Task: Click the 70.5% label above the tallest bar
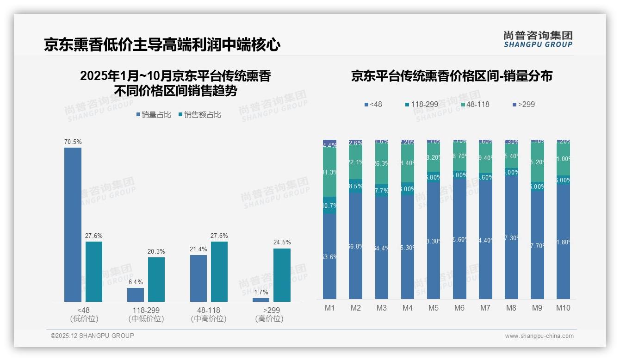click(x=73, y=142)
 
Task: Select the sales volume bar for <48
click(x=73, y=224)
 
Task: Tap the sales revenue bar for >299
click(x=282, y=275)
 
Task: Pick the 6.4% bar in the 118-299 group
click(x=136, y=295)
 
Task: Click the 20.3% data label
click(x=156, y=251)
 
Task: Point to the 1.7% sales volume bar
click(x=261, y=300)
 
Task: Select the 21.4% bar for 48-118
click(x=198, y=278)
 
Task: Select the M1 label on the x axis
click(x=329, y=308)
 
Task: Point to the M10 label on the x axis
click(x=563, y=308)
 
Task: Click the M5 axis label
click(x=433, y=308)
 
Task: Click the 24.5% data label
click(x=282, y=243)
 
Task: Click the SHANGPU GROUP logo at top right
click(x=538, y=39)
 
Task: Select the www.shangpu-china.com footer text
click(x=539, y=336)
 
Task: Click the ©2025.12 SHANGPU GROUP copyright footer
click(x=93, y=336)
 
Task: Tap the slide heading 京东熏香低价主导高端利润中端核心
click(x=162, y=44)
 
